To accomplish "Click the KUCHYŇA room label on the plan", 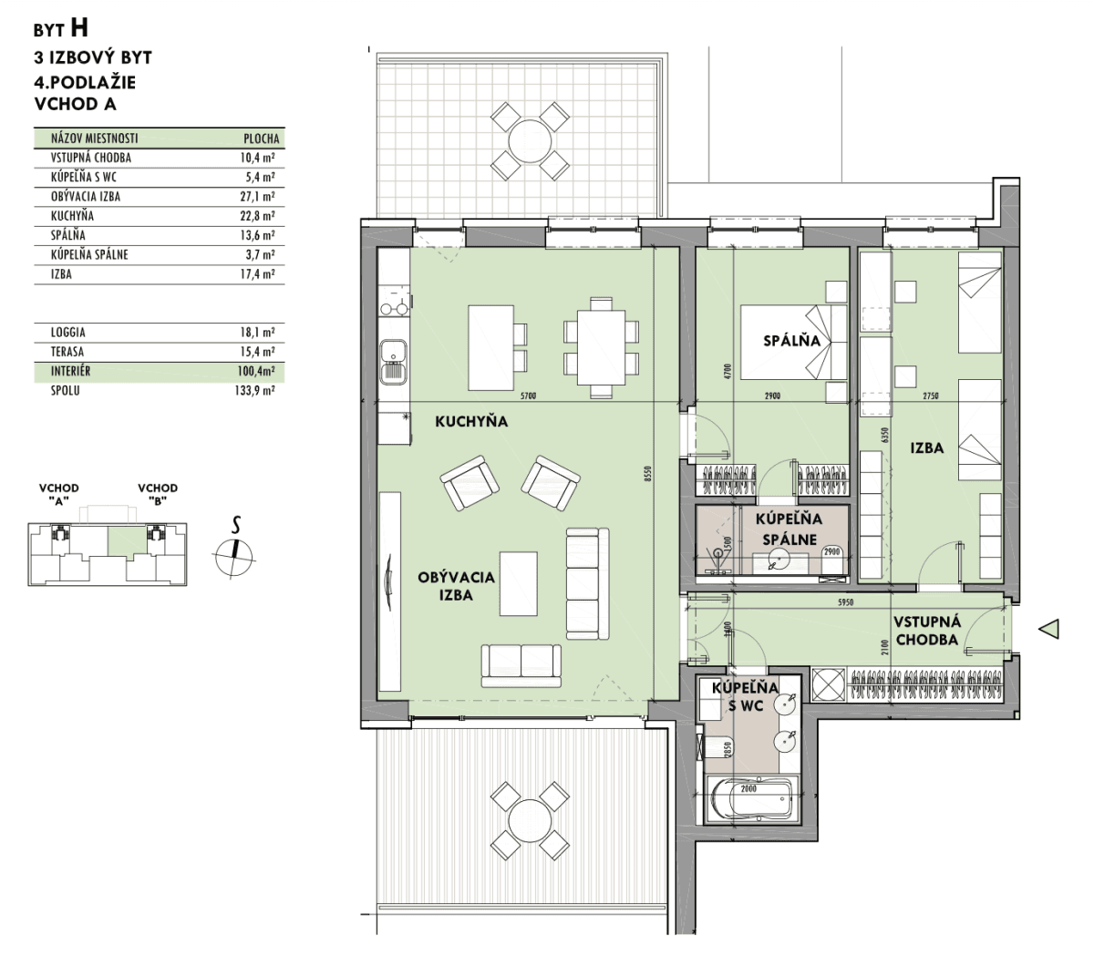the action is click(x=471, y=421).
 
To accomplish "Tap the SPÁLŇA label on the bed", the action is click(x=791, y=340).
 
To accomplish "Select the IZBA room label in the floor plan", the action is click(x=926, y=447).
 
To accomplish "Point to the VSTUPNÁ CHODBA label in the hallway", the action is click(x=926, y=631).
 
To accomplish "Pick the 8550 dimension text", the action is click(x=648, y=474).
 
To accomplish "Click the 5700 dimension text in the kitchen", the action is click(x=528, y=396).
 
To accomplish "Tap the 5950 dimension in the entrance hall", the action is click(x=845, y=602).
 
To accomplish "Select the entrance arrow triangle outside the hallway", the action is click(x=1049, y=629).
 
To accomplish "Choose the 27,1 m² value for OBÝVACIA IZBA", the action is click(x=258, y=197).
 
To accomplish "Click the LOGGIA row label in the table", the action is click(x=68, y=332).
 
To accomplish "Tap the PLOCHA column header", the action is click(x=262, y=139).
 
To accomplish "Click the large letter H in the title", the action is click(x=78, y=28).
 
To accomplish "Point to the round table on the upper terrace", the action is click(x=530, y=141).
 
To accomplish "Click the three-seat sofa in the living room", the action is click(x=587, y=583).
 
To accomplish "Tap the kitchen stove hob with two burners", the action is click(x=394, y=308).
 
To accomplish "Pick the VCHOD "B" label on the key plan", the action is click(x=157, y=494).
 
